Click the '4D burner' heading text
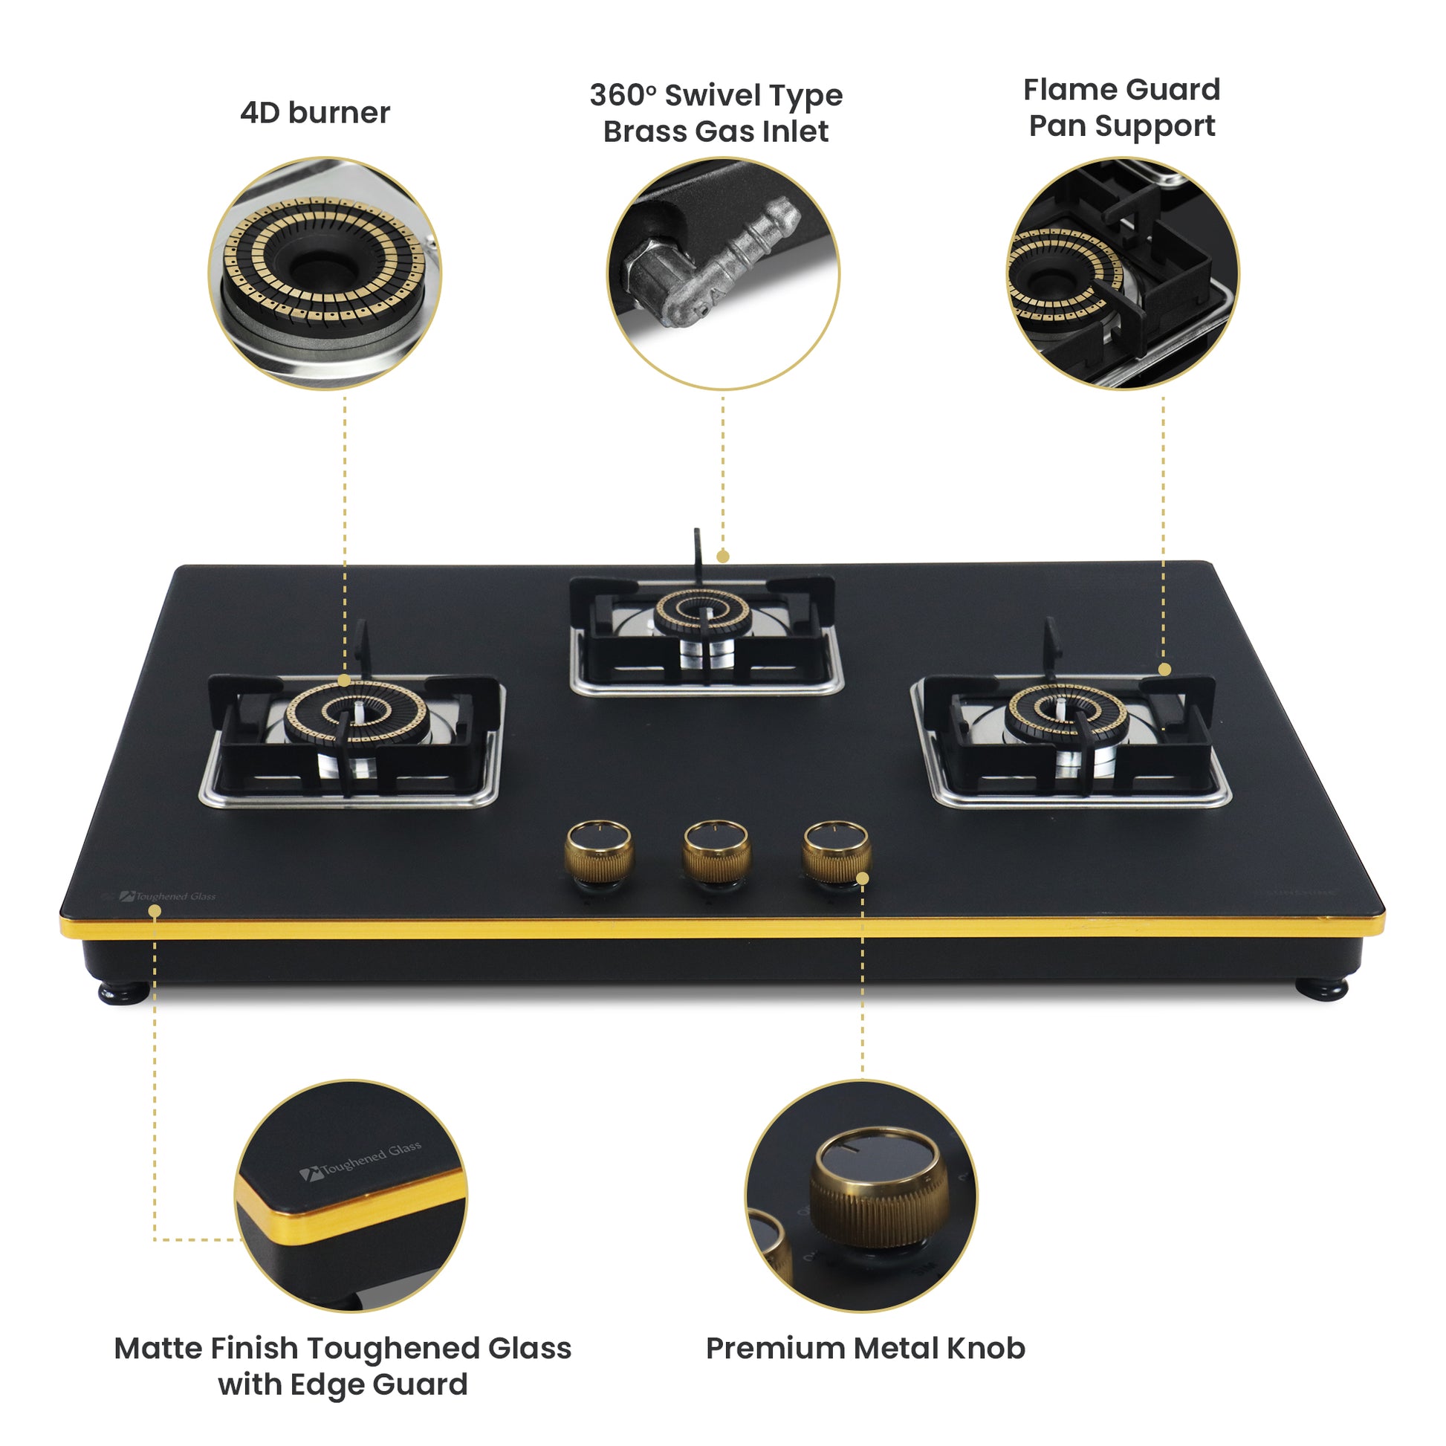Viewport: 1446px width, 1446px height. pos(314,113)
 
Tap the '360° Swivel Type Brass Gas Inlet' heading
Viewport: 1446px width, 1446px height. pos(716,113)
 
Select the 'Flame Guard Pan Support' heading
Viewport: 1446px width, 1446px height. pos(1121,108)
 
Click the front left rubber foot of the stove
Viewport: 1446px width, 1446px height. pos(123,993)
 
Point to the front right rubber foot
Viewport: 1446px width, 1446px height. pos(1322,990)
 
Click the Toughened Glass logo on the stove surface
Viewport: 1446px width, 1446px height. pos(169,896)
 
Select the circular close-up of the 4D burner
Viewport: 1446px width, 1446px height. pos(324,273)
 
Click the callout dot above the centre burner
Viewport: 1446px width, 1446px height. pos(722,556)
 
